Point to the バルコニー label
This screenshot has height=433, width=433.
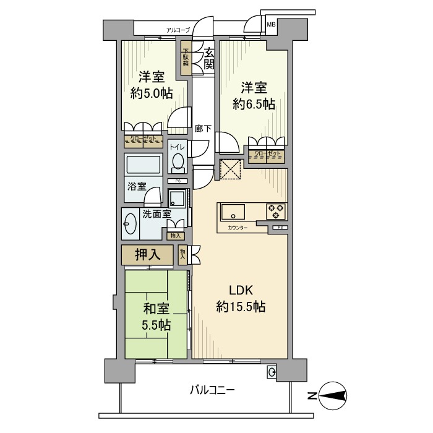coord(212,391)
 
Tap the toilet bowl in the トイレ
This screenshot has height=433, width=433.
coord(178,163)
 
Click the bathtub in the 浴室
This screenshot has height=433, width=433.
coord(144,165)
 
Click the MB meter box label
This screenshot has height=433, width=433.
coord(271,25)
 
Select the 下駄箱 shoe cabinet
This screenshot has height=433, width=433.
coord(186,58)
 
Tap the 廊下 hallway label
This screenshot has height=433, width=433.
coord(203,129)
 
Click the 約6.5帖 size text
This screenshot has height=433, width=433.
coord(254,96)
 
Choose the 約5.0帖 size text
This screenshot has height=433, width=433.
coord(151,93)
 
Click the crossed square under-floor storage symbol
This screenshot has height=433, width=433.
coord(231,169)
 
